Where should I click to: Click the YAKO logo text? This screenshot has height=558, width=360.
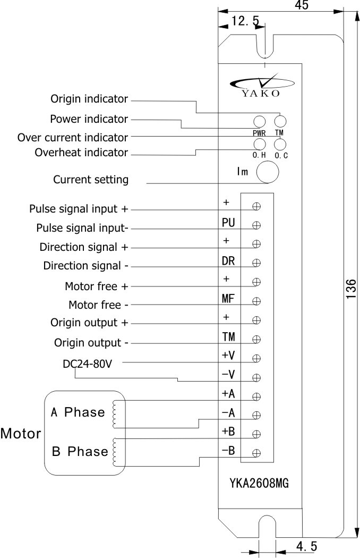pyautogui.click(x=260, y=94)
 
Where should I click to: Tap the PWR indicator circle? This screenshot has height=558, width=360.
pyautogui.click(x=260, y=121)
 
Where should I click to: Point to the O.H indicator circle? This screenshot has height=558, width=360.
pyautogui.click(x=260, y=143)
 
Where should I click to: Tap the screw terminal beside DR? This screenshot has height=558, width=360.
pyautogui.click(x=257, y=263)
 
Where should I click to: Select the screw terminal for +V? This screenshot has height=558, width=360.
pyautogui.click(x=257, y=358)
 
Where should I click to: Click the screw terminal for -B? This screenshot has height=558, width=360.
pyautogui.click(x=257, y=453)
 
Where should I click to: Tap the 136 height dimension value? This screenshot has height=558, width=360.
pyautogui.click(x=351, y=290)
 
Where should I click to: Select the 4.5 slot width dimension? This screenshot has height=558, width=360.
pyautogui.click(x=303, y=546)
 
